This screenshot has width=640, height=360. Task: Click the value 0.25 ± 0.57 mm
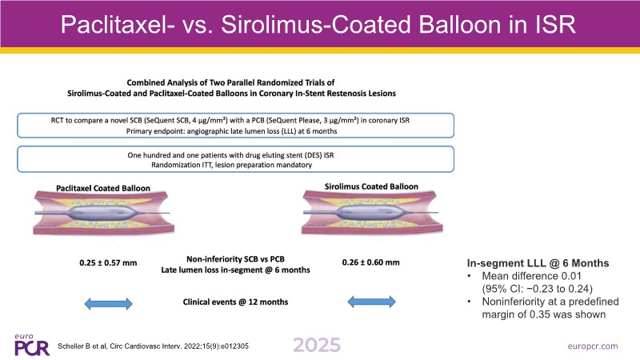pyautogui.click(x=108, y=263)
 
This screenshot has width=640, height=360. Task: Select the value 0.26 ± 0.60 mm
pyautogui.click(x=370, y=262)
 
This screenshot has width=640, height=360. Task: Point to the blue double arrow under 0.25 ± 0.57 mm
pyautogui.click(x=108, y=304)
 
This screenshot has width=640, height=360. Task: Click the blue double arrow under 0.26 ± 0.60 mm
pyautogui.click(x=371, y=302)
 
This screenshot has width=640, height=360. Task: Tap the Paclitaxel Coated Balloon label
pyautogui.click(x=103, y=188)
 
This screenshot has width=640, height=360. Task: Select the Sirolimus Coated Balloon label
pyautogui.click(x=371, y=186)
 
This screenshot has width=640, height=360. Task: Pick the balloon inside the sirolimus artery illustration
pyautogui.click(x=370, y=212)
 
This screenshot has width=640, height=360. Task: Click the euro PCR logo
pyautogui.click(x=31, y=346)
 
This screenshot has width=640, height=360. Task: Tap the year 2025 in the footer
pyautogui.click(x=317, y=346)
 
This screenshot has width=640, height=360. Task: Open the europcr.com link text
pyautogui.click(x=593, y=346)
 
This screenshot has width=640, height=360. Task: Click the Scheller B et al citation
pyautogui.click(x=153, y=346)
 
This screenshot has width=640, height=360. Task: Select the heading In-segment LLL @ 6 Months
pyautogui.click(x=538, y=263)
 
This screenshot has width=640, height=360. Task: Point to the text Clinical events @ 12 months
pyautogui.click(x=235, y=302)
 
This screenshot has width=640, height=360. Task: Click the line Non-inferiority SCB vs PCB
pyautogui.click(x=235, y=259)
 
